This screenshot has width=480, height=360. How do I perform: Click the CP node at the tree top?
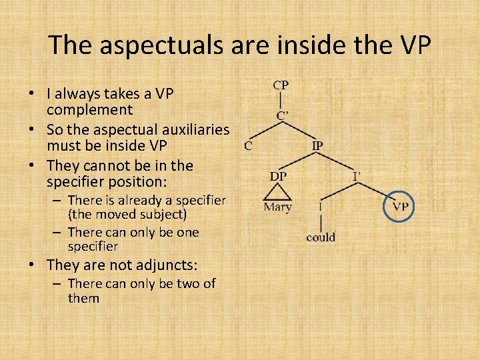coord(281,85)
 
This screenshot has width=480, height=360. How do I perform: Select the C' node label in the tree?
coord(283,115)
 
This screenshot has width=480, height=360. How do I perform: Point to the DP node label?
coord(279,175)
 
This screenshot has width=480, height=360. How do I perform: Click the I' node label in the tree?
coord(357,176)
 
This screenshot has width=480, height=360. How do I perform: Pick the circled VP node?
coord(400,206)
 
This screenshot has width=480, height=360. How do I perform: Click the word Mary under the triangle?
coord(278,207)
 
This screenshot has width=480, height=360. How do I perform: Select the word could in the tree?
coord(321,237)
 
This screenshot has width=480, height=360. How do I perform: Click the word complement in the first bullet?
coord(89,109)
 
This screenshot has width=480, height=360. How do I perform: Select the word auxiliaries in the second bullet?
coord(195,129)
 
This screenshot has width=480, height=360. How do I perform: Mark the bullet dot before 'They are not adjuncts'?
coord(37,265)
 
